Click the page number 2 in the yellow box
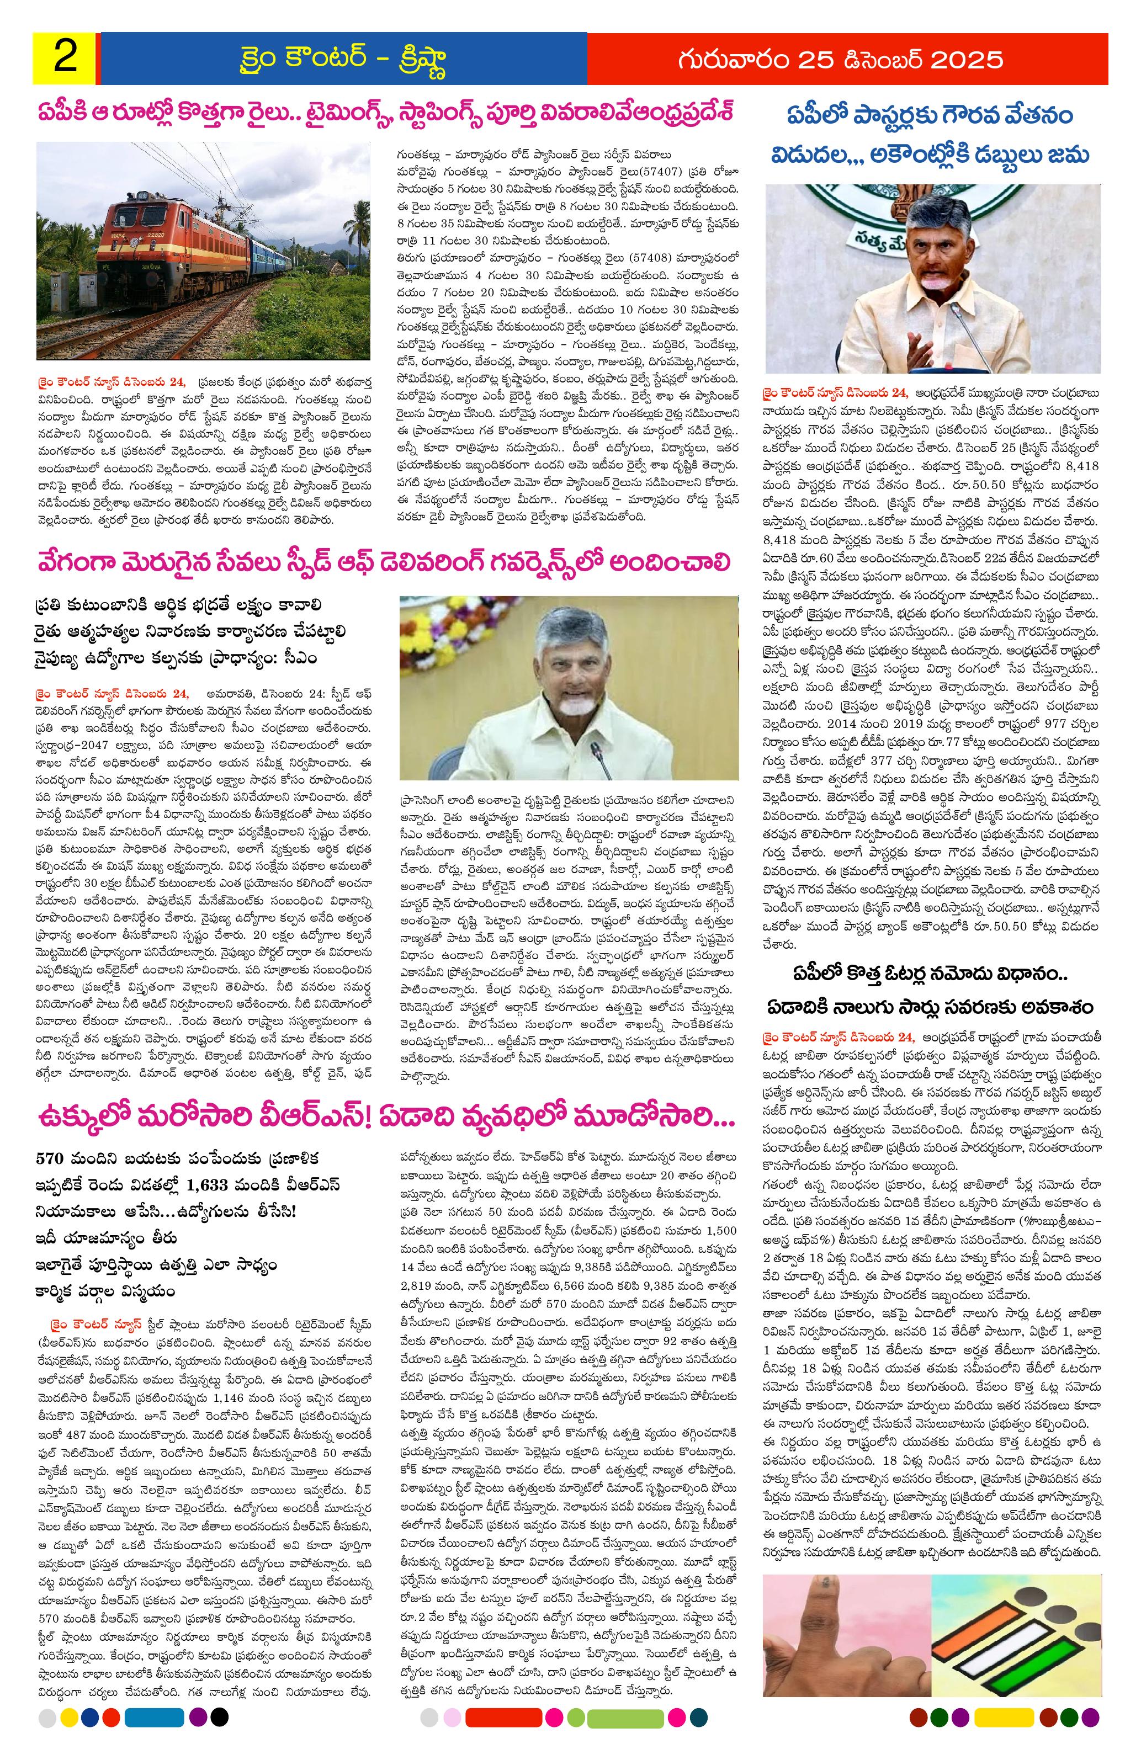(x=65, y=58)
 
